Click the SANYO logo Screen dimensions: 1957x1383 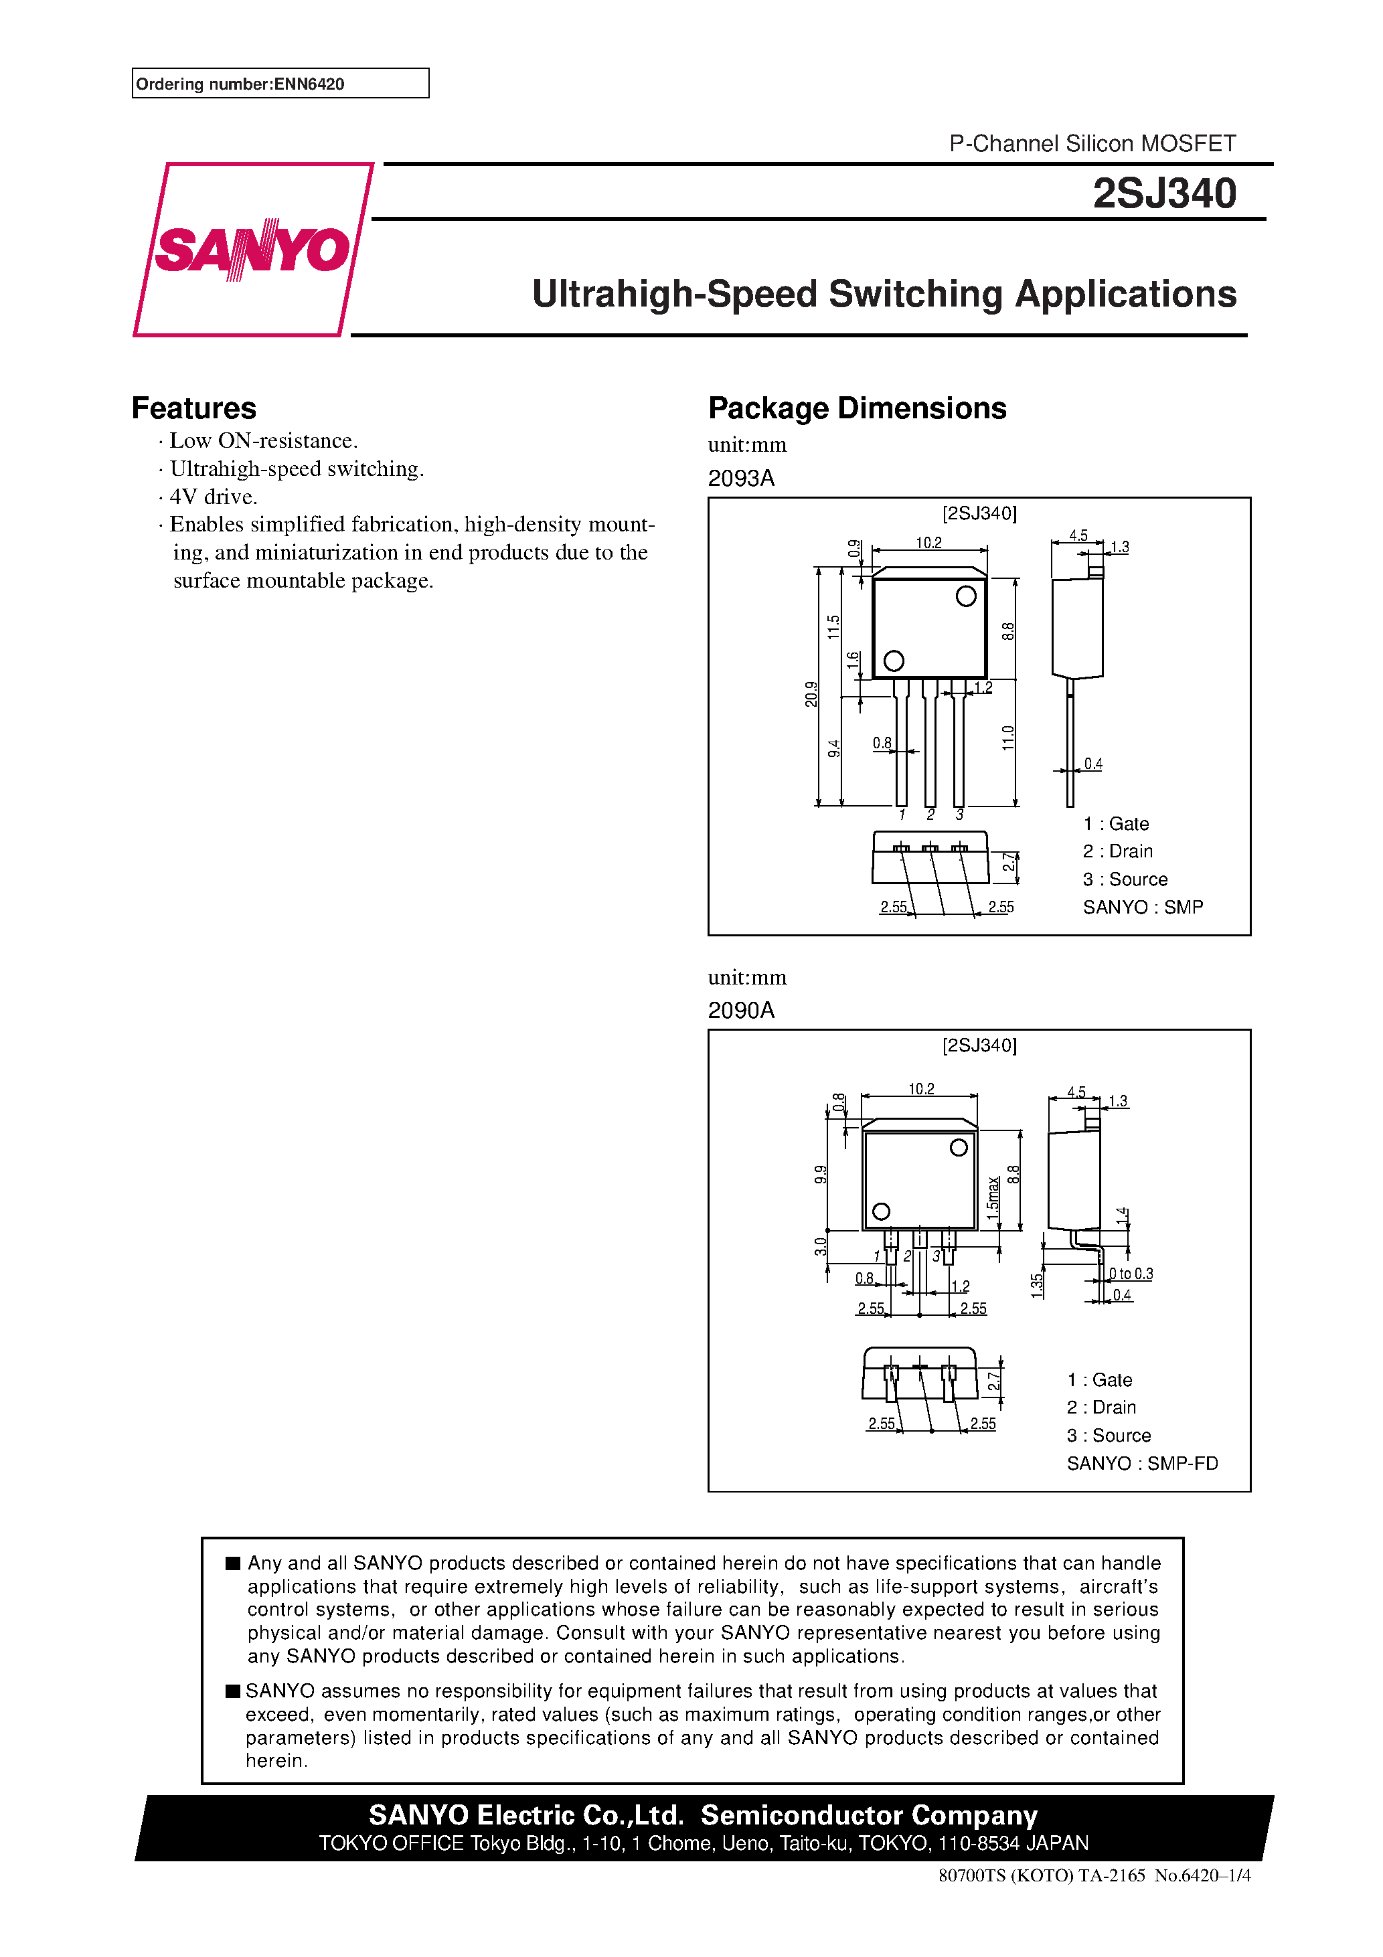252,250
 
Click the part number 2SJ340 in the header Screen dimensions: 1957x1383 1164,193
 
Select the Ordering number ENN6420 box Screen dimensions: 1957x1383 280,84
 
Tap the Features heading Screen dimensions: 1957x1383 193,408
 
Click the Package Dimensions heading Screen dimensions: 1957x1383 857,408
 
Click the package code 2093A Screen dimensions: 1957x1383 741,478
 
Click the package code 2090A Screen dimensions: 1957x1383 741,1011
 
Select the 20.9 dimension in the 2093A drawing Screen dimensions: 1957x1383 811,694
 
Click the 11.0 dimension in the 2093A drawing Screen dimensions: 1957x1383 1008,738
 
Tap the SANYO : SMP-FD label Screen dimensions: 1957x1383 1142,1464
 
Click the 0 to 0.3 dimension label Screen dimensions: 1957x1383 1131,1274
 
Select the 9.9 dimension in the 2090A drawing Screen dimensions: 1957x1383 820,1174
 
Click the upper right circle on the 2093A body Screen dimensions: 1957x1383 965,596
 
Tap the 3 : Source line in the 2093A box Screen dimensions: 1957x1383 1125,879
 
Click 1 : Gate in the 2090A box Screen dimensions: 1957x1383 1099,1380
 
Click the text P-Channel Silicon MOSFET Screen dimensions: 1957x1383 1092,143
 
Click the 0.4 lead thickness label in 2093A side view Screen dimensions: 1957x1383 1093,764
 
